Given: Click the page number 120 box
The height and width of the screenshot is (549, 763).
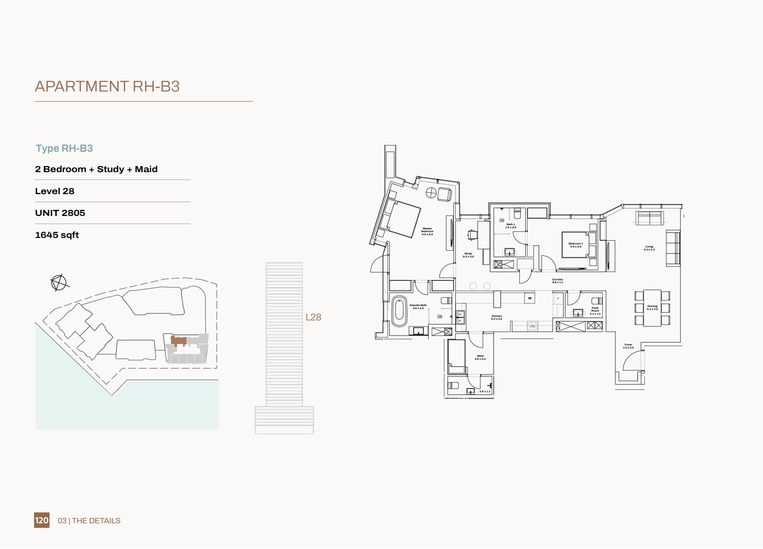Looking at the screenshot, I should (41, 520).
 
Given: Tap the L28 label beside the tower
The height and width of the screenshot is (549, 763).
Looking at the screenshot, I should (313, 317).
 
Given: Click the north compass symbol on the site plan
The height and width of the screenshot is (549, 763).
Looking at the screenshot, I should (59, 282).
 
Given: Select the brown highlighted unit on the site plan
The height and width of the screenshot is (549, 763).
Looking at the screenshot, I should (178, 340).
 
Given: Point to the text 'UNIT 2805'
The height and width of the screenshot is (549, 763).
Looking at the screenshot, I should (60, 213).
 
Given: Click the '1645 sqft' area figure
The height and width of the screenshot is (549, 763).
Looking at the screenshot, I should (57, 235).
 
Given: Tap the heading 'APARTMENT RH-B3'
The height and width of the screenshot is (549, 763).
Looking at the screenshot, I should (107, 87).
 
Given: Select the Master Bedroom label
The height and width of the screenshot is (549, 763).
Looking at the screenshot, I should (427, 231).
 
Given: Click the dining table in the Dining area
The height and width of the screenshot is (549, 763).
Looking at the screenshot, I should (652, 307).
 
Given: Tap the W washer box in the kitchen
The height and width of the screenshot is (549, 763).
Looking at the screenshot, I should (530, 298).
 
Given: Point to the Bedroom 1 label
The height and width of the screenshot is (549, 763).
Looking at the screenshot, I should (575, 245).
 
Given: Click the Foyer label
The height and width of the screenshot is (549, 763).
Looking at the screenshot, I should (628, 346).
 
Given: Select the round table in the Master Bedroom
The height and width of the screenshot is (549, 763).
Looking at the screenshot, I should (431, 193).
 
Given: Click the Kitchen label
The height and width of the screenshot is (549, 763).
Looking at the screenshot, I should (497, 317).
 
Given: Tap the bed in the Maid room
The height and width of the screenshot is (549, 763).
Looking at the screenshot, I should (456, 356).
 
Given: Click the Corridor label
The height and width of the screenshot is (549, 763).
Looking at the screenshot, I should (557, 281).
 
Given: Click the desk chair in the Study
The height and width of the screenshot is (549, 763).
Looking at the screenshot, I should (472, 235).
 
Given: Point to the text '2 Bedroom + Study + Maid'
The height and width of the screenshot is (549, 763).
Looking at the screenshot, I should (96, 169).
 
